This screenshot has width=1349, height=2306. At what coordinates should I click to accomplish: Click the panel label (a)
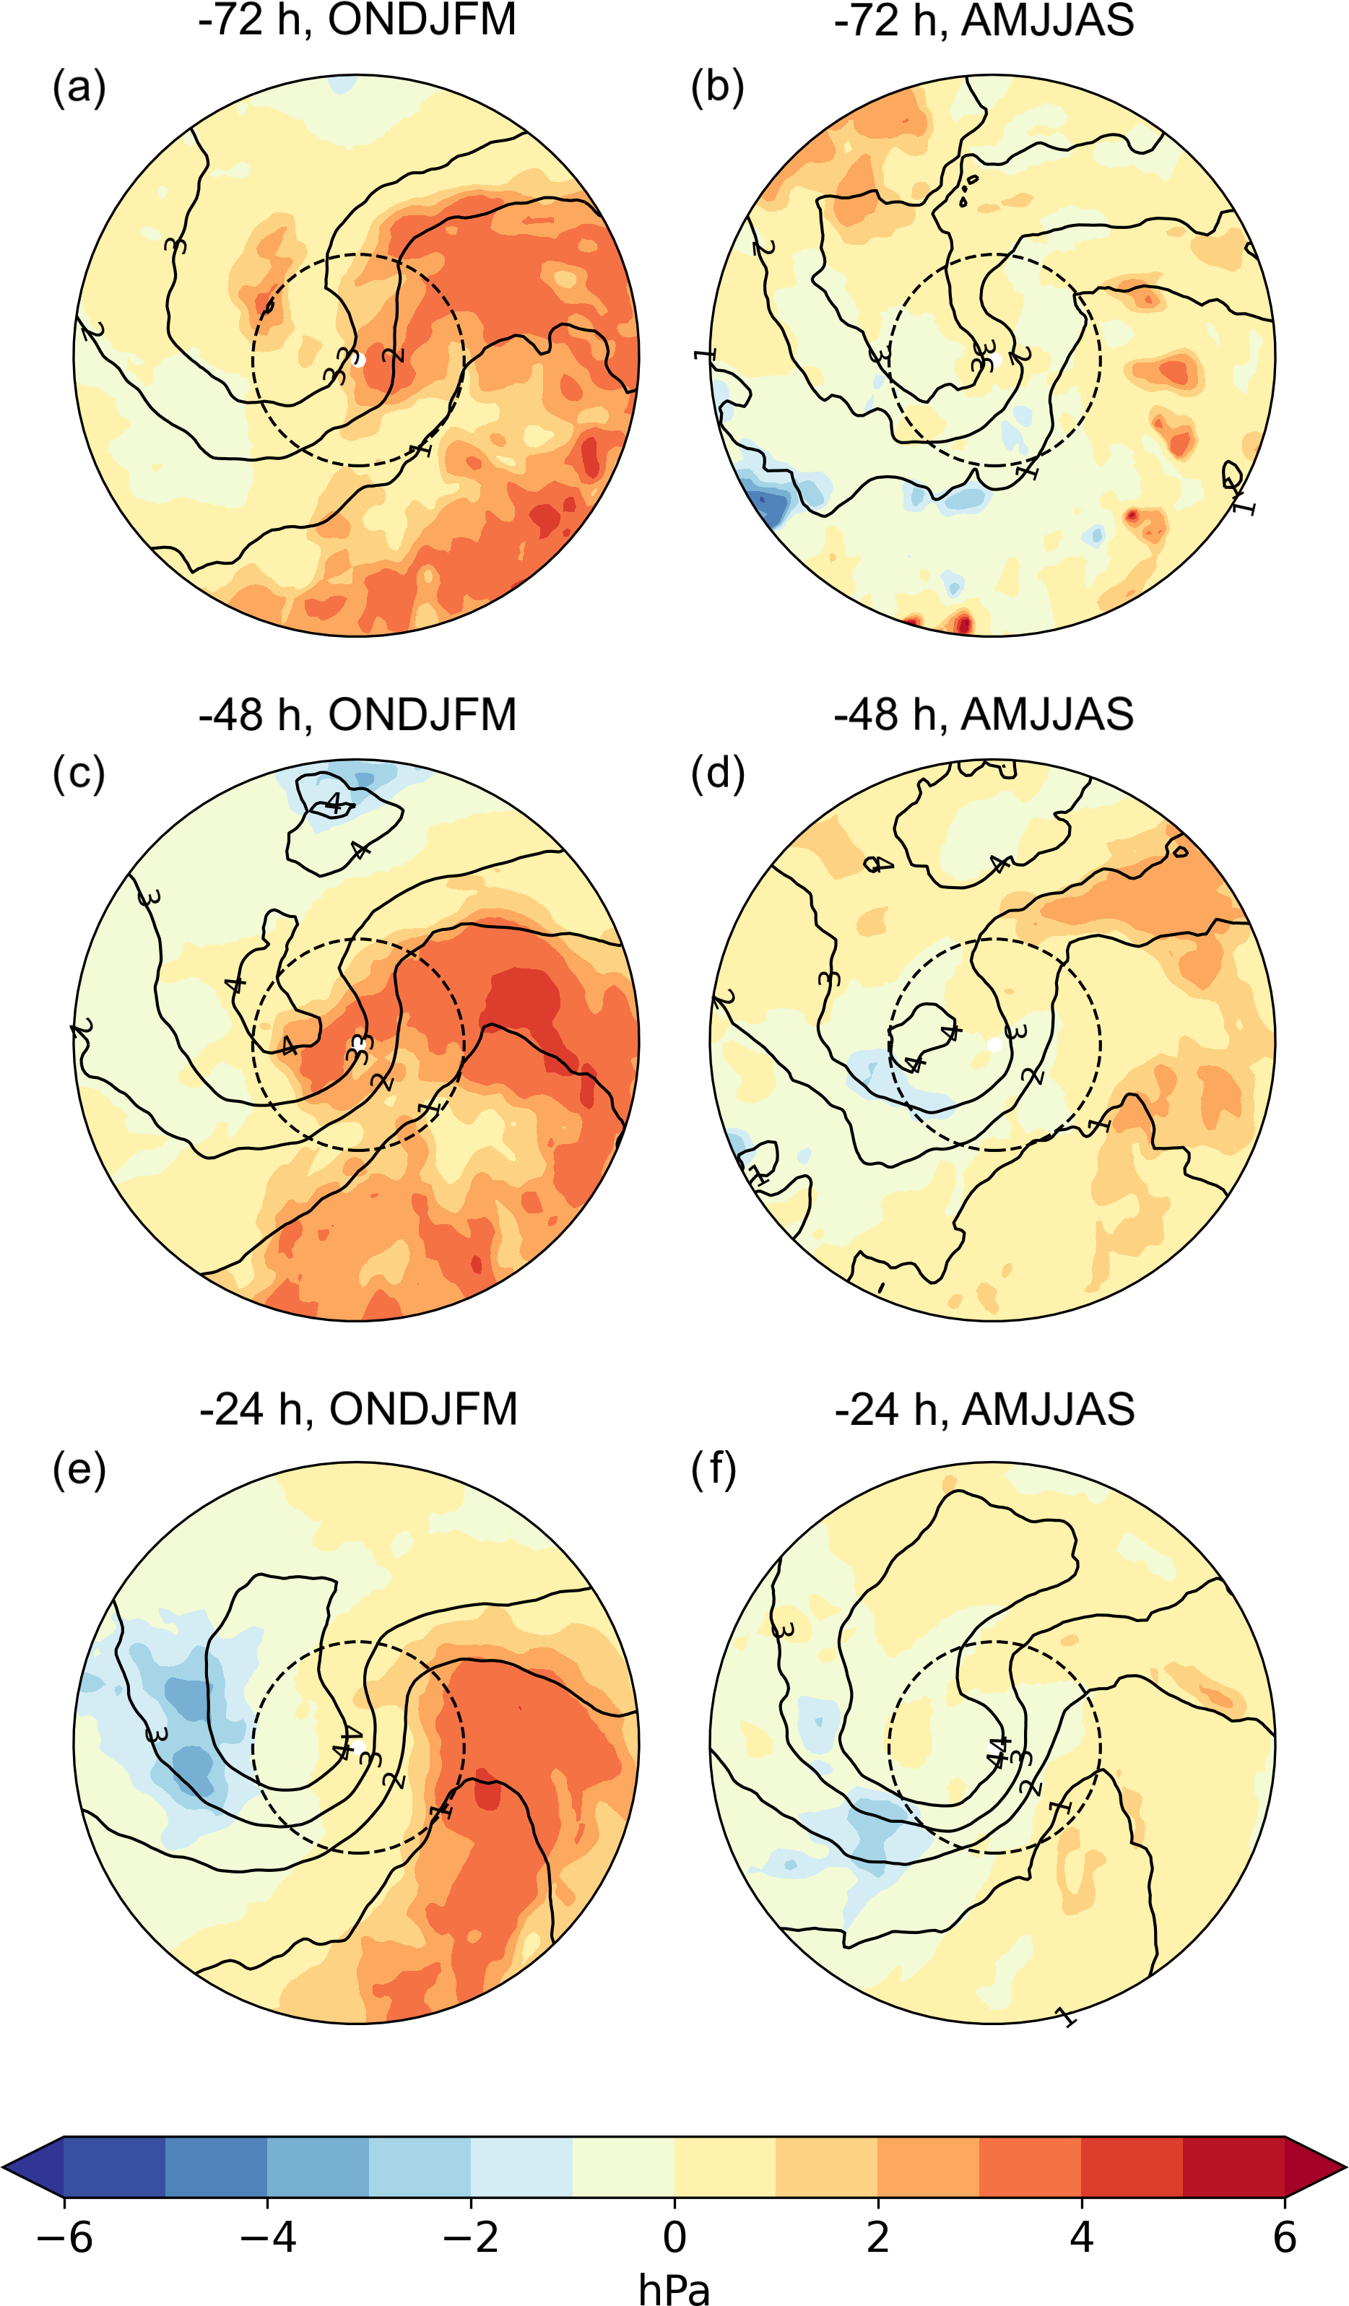click(x=79, y=88)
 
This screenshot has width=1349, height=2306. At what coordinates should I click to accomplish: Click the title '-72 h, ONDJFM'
click(x=357, y=20)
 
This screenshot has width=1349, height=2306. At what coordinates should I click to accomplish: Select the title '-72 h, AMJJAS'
click(x=984, y=20)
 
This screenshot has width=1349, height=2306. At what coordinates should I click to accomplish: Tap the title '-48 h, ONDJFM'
click(x=357, y=715)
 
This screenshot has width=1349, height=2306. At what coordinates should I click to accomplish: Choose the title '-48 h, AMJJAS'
click(x=984, y=715)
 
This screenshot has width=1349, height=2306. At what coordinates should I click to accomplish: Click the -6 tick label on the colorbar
click(x=64, y=2237)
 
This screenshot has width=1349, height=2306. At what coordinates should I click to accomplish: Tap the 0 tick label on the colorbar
click(x=674, y=2237)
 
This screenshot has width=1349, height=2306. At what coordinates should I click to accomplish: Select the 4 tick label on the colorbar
click(x=1082, y=2237)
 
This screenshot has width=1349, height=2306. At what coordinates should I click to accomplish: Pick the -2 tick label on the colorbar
click(x=470, y=2237)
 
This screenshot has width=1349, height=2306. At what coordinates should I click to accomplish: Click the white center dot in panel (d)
click(x=995, y=1044)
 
